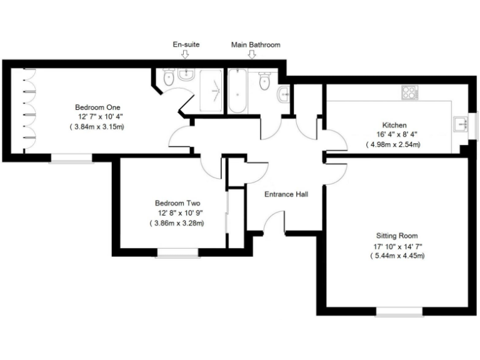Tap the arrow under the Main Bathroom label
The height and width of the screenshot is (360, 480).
click(x=252, y=55)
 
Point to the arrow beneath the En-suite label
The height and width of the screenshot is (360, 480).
click(x=184, y=55)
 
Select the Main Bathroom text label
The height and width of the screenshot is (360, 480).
click(x=256, y=45)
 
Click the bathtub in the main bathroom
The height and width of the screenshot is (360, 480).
click(x=237, y=91)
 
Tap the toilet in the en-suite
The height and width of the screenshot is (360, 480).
click(x=167, y=77)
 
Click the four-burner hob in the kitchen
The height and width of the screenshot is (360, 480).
click(x=409, y=93)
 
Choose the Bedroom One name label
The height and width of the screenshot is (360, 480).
click(x=97, y=107)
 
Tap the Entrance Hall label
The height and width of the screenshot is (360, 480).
click(x=286, y=194)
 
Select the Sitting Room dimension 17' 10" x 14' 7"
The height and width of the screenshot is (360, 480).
click(x=396, y=246)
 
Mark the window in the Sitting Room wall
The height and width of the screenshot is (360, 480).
click(x=396, y=311)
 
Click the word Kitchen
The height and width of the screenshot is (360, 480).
click(x=394, y=125)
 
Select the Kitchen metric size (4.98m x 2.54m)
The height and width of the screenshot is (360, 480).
click(x=393, y=144)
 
